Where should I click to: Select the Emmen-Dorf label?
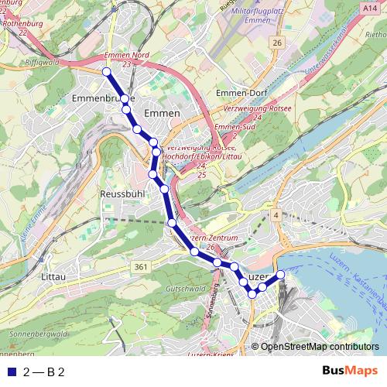point(241,93)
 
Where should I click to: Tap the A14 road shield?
point(370,7)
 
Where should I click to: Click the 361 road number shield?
point(140,267)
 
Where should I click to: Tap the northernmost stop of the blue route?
point(106,72)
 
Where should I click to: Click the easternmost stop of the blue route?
point(281,276)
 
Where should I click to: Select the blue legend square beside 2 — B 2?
point(11,372)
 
